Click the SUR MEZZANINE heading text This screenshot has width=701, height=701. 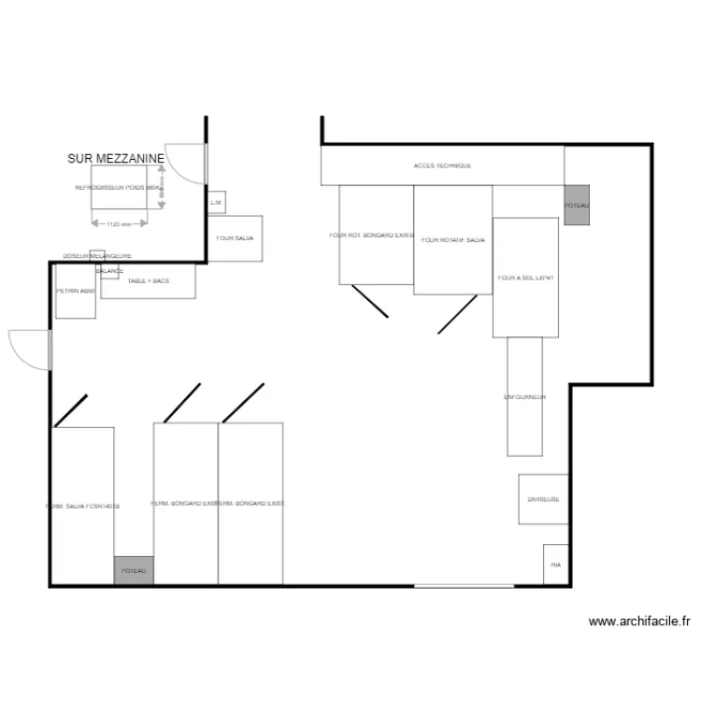tap(116, 160)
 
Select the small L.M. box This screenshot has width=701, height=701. tap(215, 202)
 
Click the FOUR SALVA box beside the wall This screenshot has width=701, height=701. tap(235, 238)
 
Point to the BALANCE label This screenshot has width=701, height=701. tap(109, 271)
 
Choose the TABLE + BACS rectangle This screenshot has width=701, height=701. tap(149, 281)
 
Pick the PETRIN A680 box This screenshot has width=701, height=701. tap(76, 293)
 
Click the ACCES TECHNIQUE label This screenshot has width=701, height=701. tap(442, 165)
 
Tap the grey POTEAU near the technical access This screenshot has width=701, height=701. tap(577, 205)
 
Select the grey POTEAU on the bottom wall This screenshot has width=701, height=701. tap(135, 570)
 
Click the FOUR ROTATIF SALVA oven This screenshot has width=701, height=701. tap(453, 240)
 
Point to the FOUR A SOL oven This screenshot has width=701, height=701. tap(525, 278)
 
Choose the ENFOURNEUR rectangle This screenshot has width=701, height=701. tap(524, 397)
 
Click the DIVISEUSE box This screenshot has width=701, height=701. tap(543, 499)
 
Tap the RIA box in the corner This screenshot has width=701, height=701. tap(556, 565)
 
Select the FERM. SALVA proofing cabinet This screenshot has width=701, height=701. tap(83, 507)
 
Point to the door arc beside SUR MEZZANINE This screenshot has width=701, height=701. tap(185, 163)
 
